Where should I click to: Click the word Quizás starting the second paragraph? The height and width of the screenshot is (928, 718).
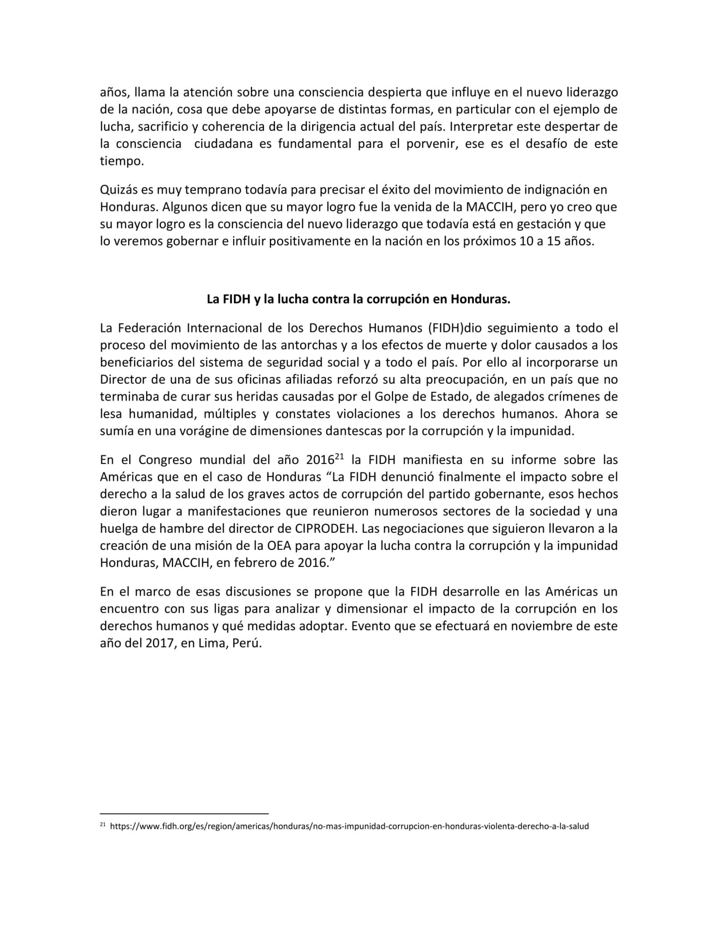coord(117,190)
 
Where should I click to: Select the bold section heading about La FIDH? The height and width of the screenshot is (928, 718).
coord(358,300)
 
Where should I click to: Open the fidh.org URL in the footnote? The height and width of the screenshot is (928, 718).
coord(349,826)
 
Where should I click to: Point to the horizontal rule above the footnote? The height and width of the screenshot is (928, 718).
coord(184,813)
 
